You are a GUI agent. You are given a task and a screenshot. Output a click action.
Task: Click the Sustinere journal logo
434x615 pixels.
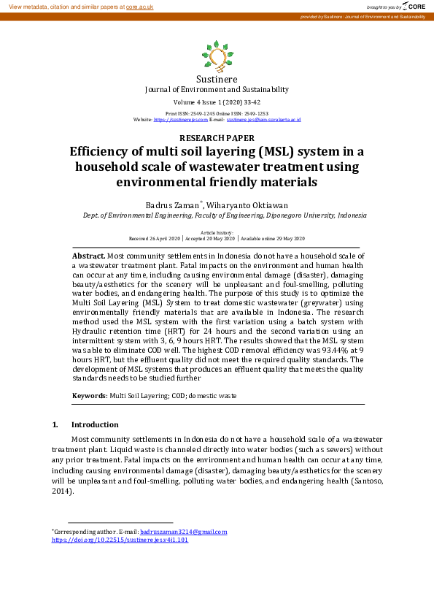pyautogui.click(x=216, y=56)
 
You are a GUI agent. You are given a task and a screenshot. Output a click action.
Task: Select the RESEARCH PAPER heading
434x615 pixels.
pyautogui.click(x=217, y=137)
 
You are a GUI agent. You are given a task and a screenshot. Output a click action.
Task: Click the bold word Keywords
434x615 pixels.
pyautogui.click(x=89, y=395)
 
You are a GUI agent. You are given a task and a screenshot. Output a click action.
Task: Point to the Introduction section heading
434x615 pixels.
pyautogui.click(x=95, y=424)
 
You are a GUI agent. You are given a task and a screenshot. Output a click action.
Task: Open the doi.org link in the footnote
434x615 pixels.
pyautogui.click(x=120, y=540)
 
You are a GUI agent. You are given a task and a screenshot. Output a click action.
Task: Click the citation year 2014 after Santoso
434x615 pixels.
pyautogui.click(x=62, y=492)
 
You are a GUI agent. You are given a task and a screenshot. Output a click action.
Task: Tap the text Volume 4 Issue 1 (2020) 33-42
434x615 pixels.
pyautogui.click(x=217, y=103)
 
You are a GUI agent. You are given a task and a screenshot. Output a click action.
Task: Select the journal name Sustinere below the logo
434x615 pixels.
pyautogui.click(x=217, y=79)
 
